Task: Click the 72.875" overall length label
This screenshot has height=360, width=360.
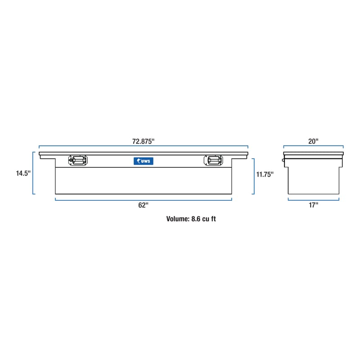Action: [x=143, y=141]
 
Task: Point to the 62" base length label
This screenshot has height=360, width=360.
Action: [x=143, y=205]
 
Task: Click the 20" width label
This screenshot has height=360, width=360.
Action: [x=313, y=141]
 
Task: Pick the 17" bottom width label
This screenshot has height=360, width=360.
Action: [x=313, y=205]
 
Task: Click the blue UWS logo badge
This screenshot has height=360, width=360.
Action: [x=143, y=161]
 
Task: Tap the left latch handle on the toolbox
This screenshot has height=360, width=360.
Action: [x=78, y=160]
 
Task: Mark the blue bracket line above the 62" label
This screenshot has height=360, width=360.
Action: [x=143, y=198]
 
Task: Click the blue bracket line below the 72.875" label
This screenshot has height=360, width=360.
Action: [x=143, y=146]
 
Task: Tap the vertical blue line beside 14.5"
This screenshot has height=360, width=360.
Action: [x=33, y=173]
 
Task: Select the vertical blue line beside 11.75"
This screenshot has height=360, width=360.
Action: [x=253, y=175]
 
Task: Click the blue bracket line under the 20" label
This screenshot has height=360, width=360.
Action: [x=313, y=146]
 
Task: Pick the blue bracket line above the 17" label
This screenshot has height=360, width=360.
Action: [x=313, y=198]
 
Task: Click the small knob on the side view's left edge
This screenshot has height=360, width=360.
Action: [x=284, y=161]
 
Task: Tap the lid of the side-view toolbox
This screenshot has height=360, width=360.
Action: [x=313, y=155]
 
